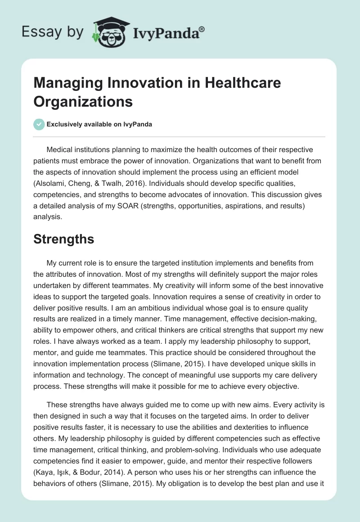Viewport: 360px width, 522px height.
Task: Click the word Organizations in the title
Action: pos(83,101)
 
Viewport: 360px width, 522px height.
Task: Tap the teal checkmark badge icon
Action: pos(39,124)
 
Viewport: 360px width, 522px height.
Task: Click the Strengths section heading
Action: pos(63,239)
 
